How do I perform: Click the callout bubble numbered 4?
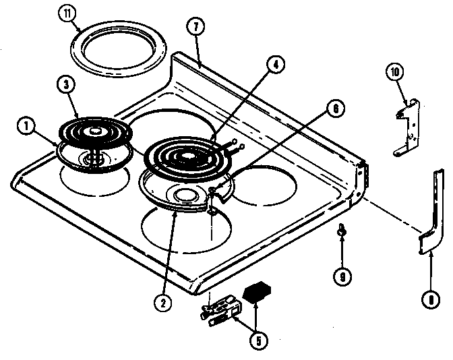(275, 65)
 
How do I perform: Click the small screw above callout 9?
(342, 231)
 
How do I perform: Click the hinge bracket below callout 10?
(406, 129)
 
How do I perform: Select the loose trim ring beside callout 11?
(109, 52)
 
